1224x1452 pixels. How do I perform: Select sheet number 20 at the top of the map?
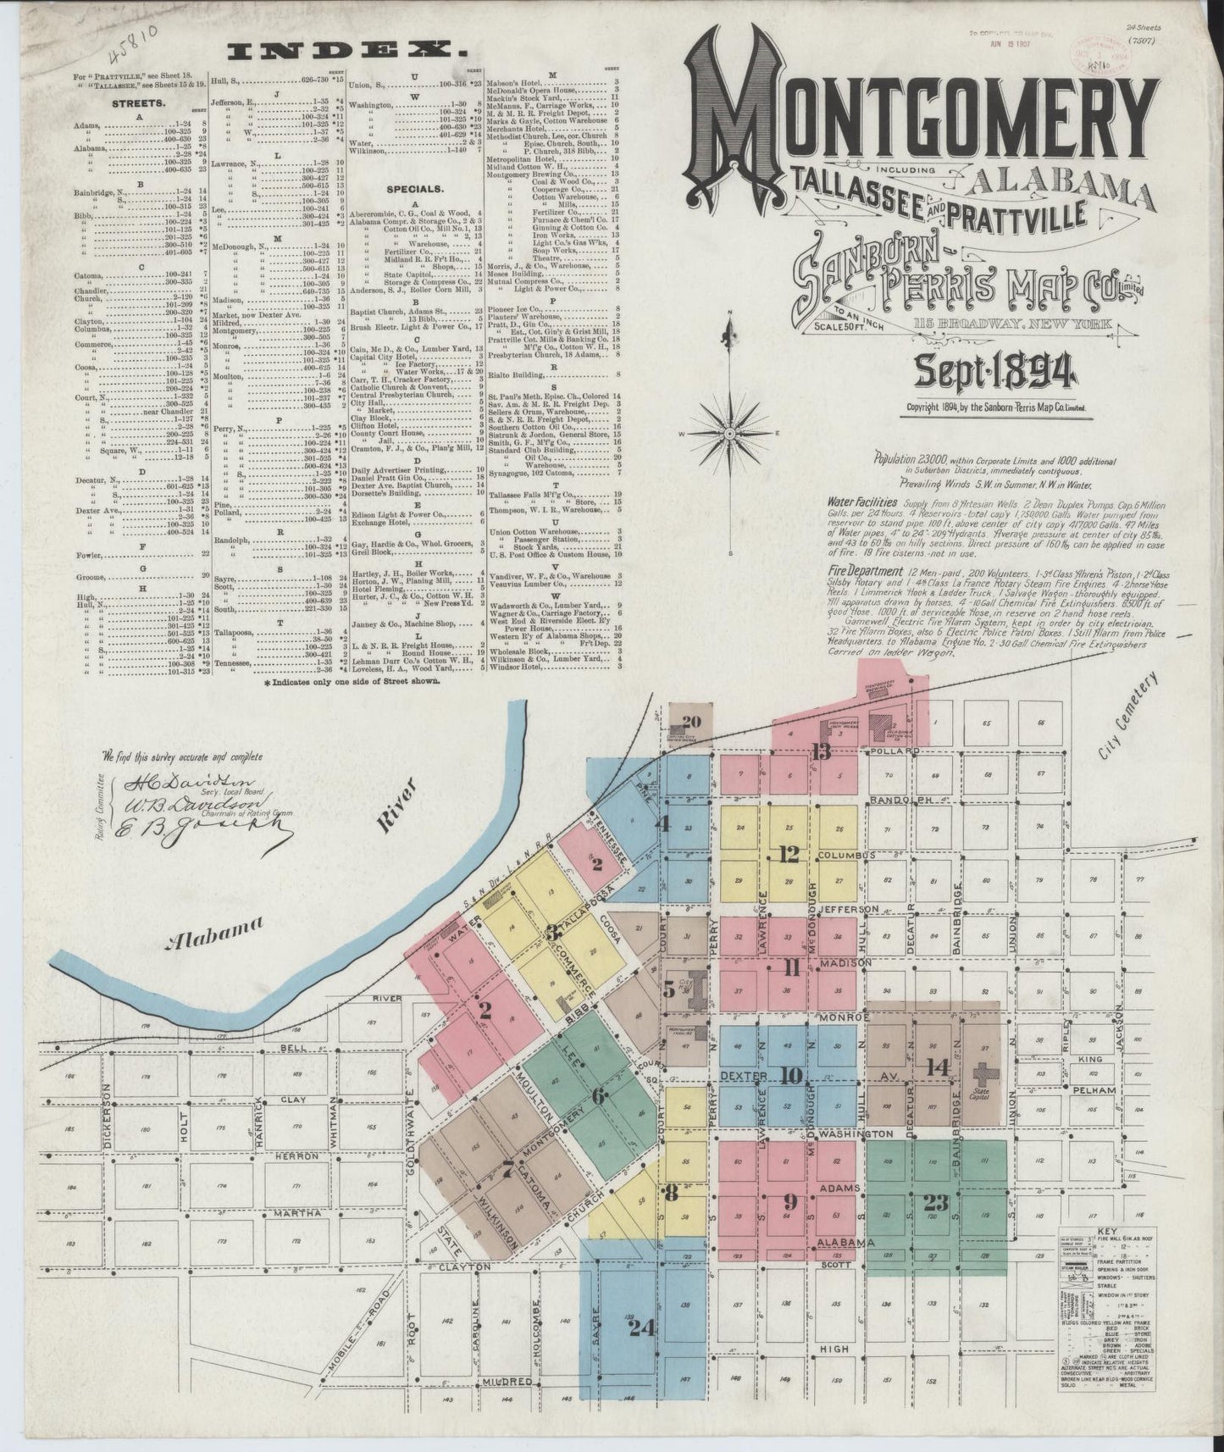coord(691,722)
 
